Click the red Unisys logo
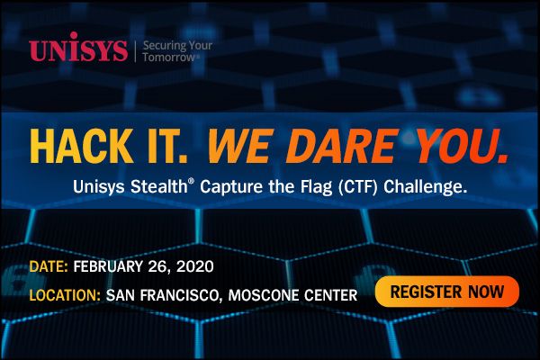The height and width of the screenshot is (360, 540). coord(79,50)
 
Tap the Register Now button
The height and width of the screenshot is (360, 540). coord(447,292)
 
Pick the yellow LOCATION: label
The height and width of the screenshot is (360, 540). coord(65,294)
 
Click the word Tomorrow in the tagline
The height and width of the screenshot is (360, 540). coord(169,58)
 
